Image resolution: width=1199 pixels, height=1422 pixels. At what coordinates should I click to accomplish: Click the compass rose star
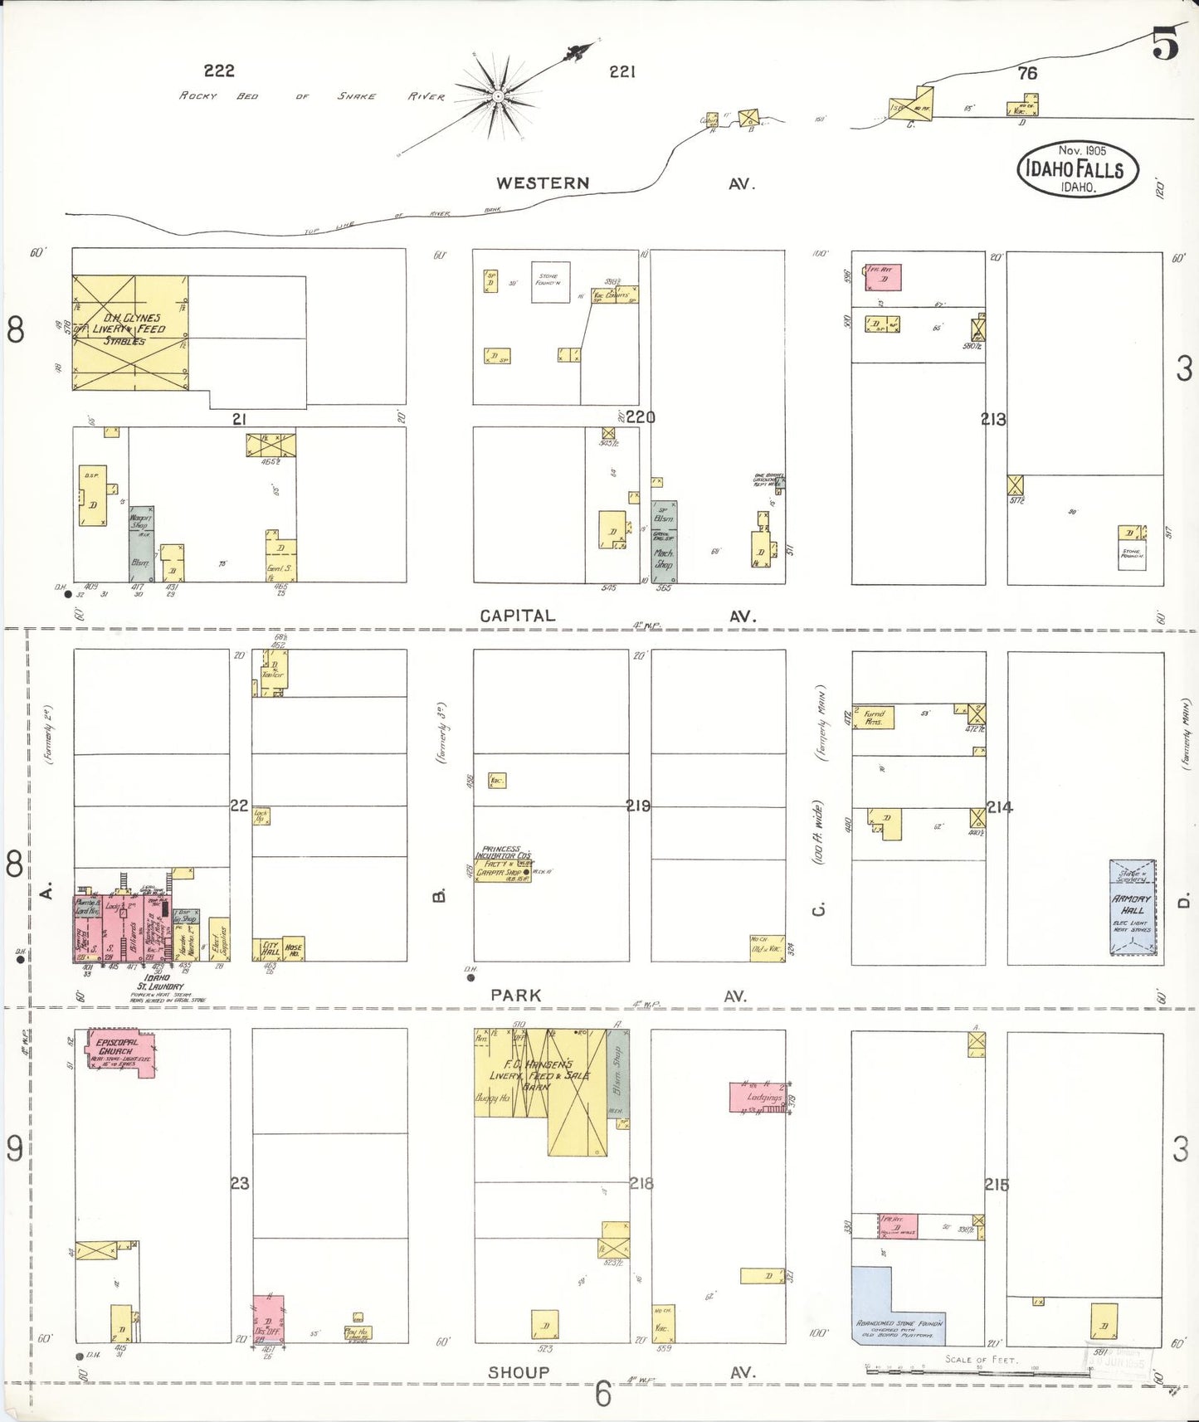pyautogui.click(x=497, y=95)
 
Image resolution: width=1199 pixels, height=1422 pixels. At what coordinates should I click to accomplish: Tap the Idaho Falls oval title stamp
pyautogui.click(x=1077, y=169)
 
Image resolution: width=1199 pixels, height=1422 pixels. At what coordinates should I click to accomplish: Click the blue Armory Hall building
pyautogui.click(x=1132, y=908)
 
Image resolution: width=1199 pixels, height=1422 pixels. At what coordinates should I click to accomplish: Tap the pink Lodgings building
pyautogui.click(x=758, y=1097)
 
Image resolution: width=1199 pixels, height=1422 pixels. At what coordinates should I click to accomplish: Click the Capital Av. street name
pyautogui.click(x=518, y=616)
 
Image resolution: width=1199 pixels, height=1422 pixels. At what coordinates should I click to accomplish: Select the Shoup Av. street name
pyautogui.click(x=518, y=1372)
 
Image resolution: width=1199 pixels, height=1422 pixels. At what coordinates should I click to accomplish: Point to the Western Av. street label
pyautogui.click(x=543, y=183)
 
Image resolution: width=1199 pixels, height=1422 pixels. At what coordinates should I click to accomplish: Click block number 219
pyautogui.click(x=638, y=806)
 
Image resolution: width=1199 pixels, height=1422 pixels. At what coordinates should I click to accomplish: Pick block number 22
pyautogui.click(x=239, y=806)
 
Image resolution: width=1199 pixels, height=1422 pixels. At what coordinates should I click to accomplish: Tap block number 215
pyautogui.click(x=997, y=1185)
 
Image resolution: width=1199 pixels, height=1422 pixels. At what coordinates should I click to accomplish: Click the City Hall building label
pyautogui.click(x=271, y=948)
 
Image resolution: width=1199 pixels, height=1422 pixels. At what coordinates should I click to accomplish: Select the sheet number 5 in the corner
pyautogui.click(x=1164, y=43)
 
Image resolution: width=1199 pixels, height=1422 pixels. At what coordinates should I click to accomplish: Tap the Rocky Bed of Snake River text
pyautogui.click(x=312, y=96)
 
